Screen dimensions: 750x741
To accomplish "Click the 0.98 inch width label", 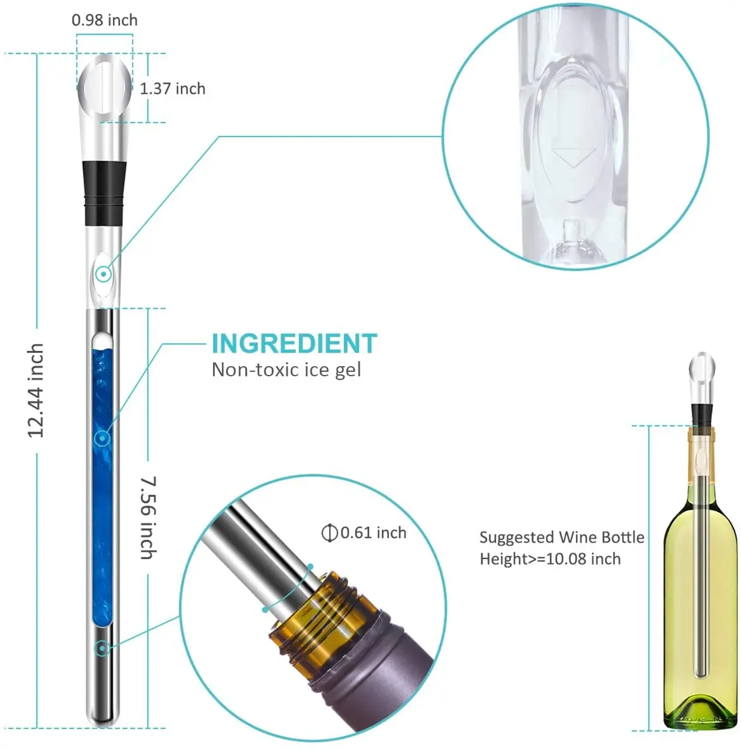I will [x=104, y=20].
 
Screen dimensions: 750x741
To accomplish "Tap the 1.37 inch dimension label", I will [x=173, y=89].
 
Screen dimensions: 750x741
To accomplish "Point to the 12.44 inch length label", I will [x=36, y=391].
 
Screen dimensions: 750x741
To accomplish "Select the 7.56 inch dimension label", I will [x=148, y=517].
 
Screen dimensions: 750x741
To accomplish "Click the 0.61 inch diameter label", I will [x=373, y=533].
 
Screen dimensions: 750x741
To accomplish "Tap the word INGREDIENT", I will [x=294, y=343].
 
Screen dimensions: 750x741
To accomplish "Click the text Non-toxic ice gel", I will [x=286, y=370].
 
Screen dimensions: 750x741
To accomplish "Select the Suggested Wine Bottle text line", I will [x=561, y=538].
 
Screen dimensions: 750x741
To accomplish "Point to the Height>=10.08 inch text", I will [x=550, y=559].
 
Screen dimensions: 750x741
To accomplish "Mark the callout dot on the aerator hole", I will [x=102, y=274].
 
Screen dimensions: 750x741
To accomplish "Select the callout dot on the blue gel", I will [x=102, y=438].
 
